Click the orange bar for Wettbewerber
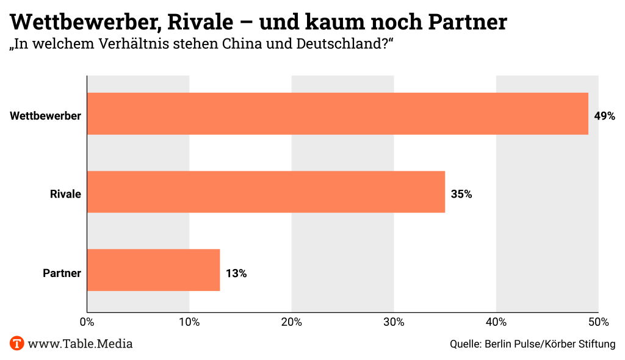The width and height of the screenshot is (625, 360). click(x=338, y=113)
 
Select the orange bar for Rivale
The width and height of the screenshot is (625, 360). click(x=266, y=192)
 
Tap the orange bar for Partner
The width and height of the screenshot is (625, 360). click(x=153, y=270)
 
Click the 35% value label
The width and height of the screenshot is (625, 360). click(x=461, y=195)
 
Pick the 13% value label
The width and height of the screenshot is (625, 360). click(x=236, y=273)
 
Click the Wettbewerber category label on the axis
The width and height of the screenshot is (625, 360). click(x=45, y=116)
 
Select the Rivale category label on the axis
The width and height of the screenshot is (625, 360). click(x=65, y=195)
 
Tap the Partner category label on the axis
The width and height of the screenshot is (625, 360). click(x=62, y=273)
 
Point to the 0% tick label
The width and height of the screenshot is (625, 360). click(x=87, y=322)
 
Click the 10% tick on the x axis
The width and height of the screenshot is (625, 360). click(x=189, y=322)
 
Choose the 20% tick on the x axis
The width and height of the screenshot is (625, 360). click(x=292, y=322)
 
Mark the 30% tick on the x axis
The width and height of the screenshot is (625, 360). click(x=394, y=322)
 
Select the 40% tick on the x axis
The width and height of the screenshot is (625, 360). click(x=496, y=322)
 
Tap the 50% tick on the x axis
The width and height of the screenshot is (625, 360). click(x=598, y=322)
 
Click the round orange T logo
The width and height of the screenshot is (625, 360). click(x=16, y=344)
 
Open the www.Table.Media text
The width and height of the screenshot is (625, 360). click(x=80, y=344)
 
